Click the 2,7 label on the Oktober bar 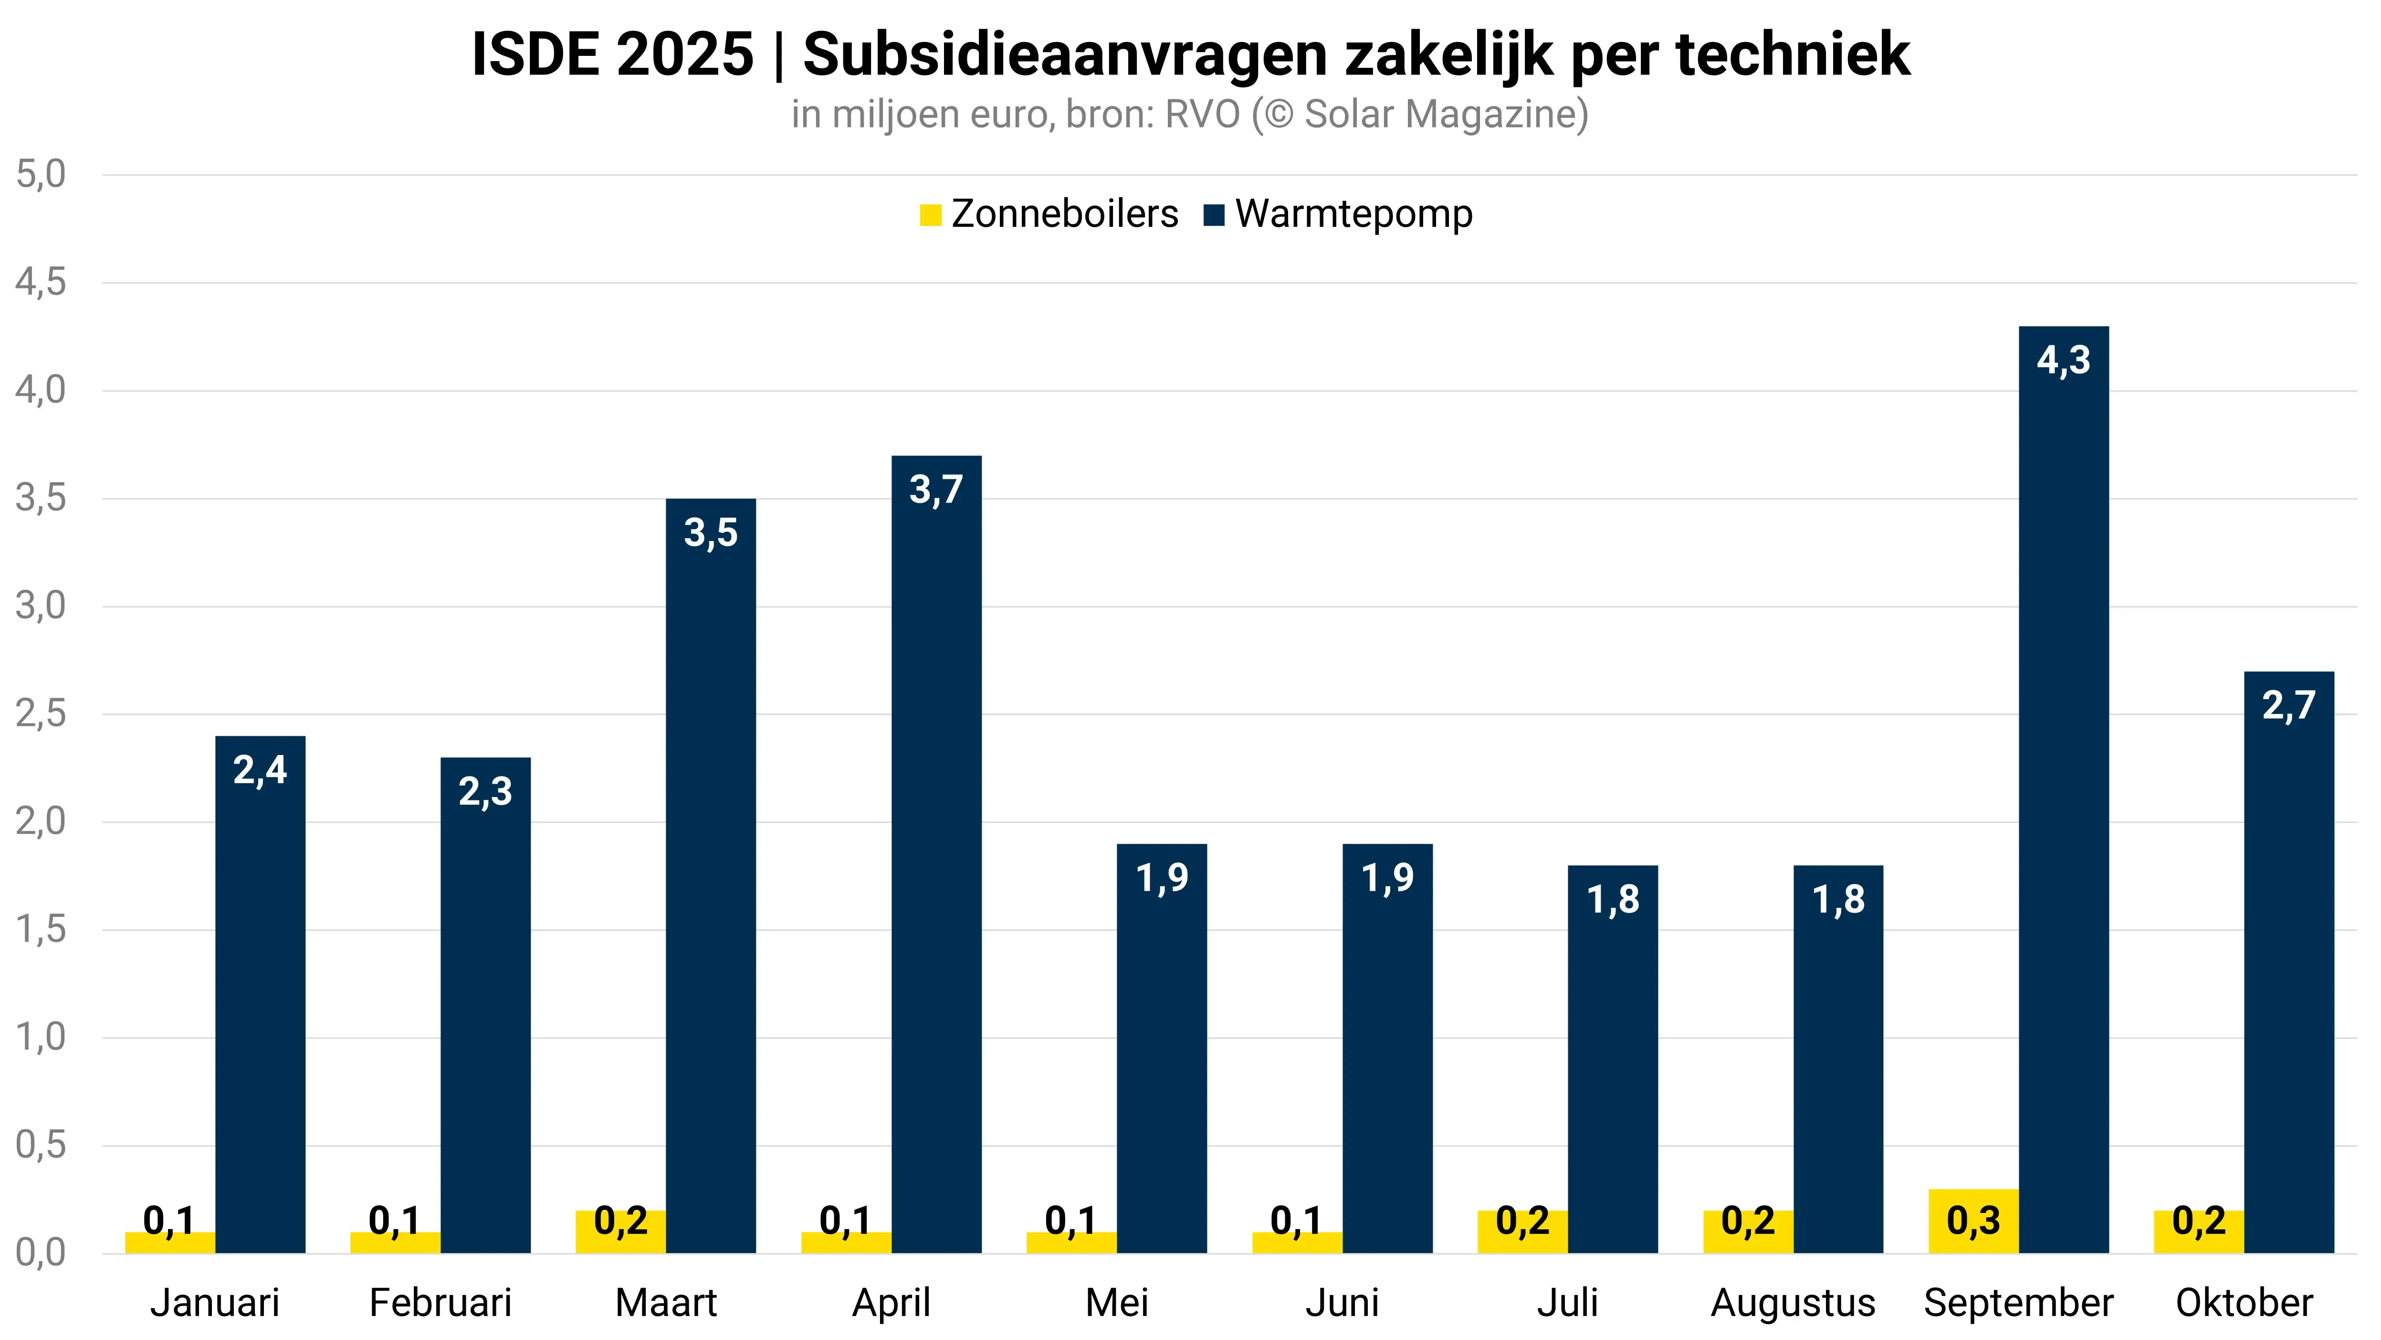(2288, 706)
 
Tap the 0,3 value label (1973, 1221)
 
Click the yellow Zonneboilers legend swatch (930, 215)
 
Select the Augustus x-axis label (1793, 1303)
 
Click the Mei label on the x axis (1117, 1303)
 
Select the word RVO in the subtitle (1202, 115)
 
